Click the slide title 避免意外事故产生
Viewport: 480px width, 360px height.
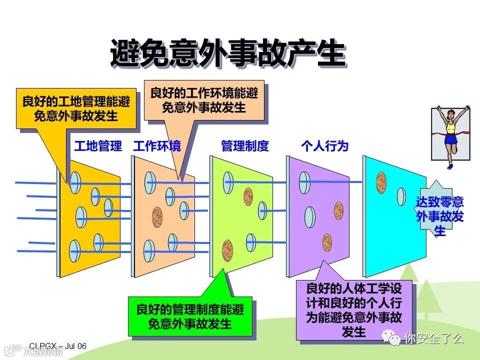coord(227,53)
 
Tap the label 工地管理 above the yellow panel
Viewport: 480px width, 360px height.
coord(98,146)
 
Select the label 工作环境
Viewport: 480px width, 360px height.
coord(157,146)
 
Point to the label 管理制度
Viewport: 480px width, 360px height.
coord(245,146)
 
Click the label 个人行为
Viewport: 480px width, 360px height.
coord(324,146)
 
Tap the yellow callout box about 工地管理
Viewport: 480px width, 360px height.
coord(76,109)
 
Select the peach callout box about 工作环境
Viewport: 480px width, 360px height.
coord(204,100)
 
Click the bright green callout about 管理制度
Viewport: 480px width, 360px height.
coord(190,316)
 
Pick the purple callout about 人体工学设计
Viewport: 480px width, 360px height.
coord(354,310)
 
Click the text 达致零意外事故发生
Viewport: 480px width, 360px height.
coord(440,216)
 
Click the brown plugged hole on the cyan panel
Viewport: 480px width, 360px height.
coord(381,183)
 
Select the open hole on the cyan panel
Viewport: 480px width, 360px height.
coord(401,197)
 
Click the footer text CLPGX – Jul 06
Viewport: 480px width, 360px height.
coord(57,346)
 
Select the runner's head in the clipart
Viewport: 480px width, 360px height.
coord(451,113)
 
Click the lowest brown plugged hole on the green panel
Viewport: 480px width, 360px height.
coord(227,248)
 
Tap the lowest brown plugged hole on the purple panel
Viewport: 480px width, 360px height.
coord(327,242)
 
